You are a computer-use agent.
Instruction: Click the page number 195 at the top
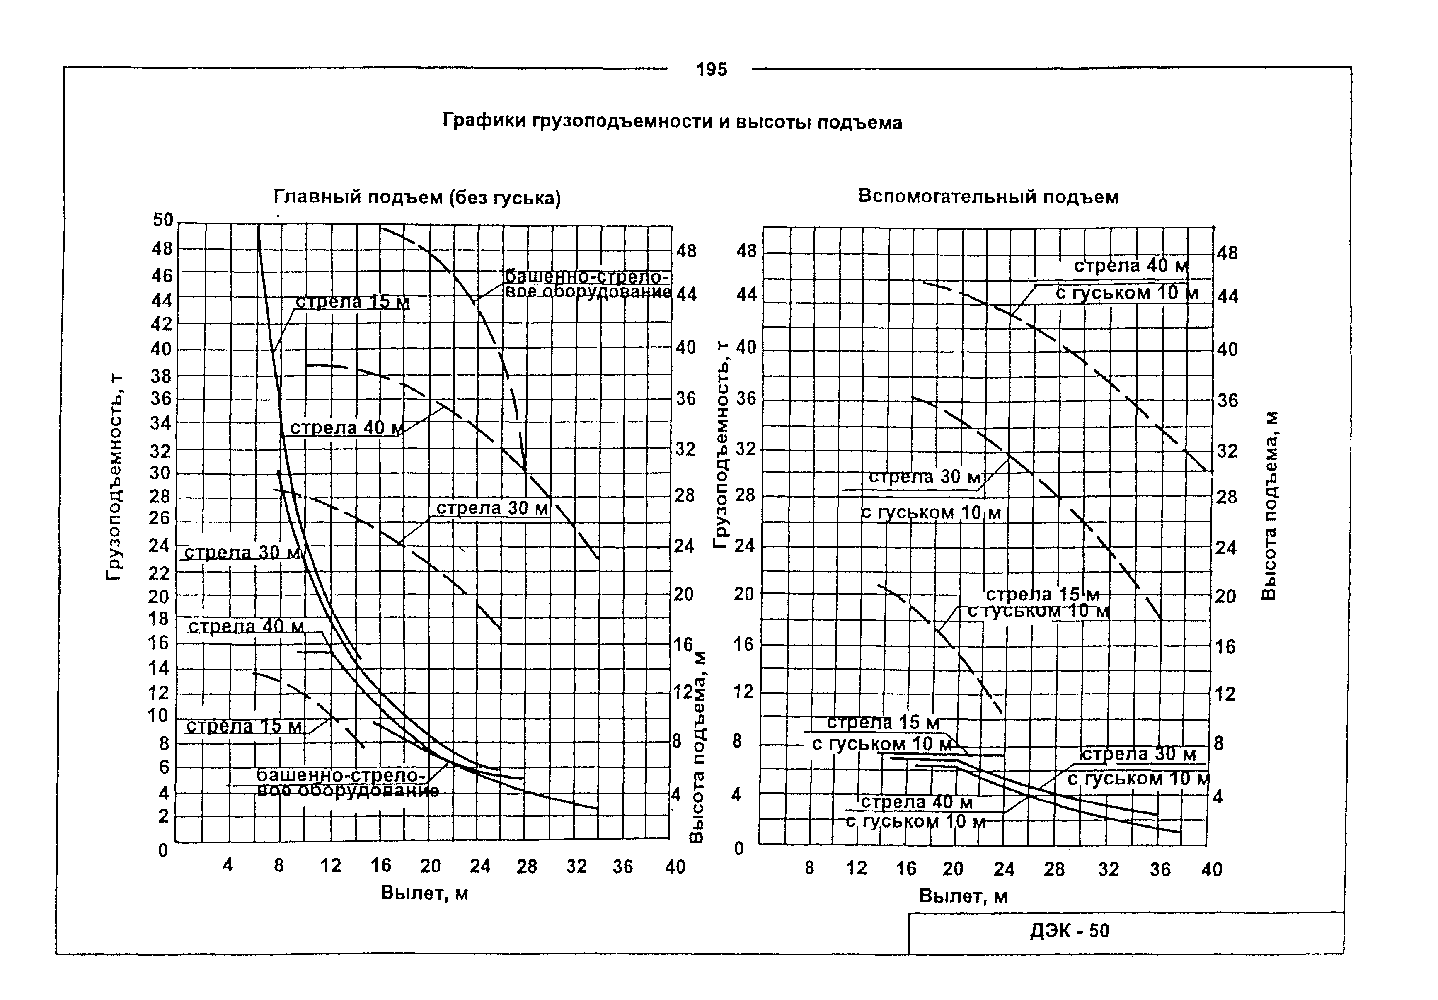(712, 70)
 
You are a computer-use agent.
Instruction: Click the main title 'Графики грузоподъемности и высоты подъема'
(672, 121)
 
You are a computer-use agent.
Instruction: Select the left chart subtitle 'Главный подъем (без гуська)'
(417, 198)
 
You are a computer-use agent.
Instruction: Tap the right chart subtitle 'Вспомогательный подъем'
(988, 197)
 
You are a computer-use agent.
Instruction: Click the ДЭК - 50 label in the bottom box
(1069, 931)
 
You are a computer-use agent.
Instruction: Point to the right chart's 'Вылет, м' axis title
(963, 896)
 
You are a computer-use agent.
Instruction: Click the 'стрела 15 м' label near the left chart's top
(353, 302)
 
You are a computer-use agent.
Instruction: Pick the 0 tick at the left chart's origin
(163, 850)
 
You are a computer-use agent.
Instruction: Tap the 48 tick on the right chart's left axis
(746, 251)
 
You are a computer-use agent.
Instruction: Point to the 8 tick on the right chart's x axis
(809, 869)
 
